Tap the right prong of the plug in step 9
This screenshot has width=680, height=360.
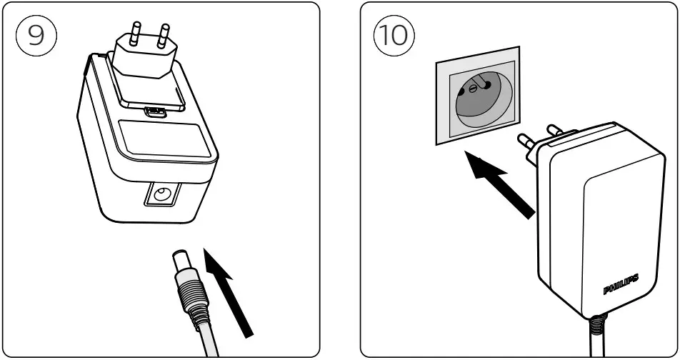164,38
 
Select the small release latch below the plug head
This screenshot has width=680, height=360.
154,111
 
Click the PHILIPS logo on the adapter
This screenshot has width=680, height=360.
620,285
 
